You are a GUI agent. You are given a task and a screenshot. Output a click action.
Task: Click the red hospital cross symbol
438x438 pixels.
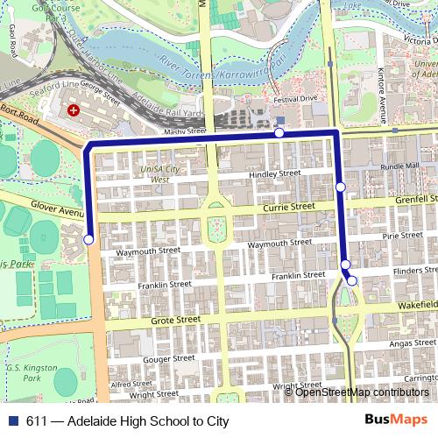[74, 111]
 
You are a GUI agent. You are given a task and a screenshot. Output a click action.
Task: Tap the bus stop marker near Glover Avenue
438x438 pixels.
[88, 239]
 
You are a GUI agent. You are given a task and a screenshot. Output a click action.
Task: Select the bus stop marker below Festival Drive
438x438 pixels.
[279, 133]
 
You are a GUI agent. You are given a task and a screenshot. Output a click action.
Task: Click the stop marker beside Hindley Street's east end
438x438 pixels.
[340, 187]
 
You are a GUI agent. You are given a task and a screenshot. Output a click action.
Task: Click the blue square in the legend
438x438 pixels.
[19, 420]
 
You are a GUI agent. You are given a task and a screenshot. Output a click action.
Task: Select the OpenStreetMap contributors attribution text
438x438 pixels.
[363, 392]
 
